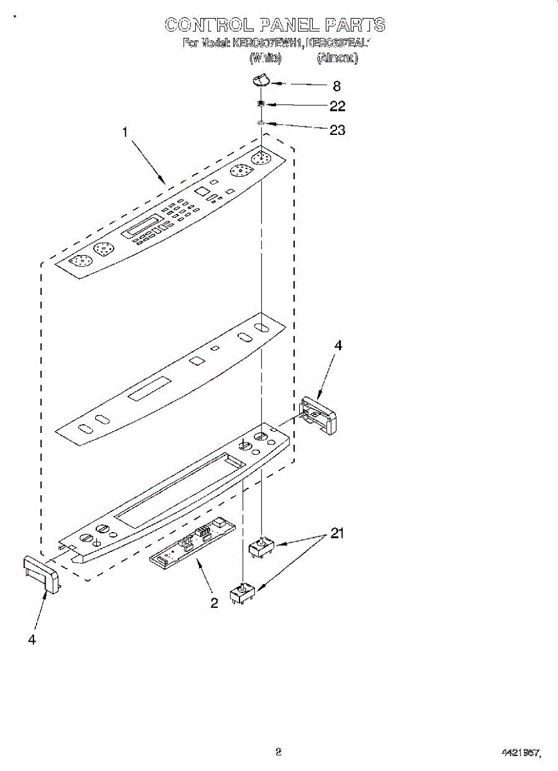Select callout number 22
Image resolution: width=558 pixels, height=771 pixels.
coord(337,106)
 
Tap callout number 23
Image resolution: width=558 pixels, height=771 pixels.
coord(337,130)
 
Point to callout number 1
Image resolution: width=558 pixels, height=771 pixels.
coord(125,132)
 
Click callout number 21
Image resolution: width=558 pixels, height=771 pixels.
coord(338,533)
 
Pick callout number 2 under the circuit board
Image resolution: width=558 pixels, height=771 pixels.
coord(214,603)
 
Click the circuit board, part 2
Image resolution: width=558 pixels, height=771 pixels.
coord(192,544)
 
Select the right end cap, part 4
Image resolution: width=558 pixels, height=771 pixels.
coord(318,416)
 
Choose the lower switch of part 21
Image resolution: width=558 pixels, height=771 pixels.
coord(244,594)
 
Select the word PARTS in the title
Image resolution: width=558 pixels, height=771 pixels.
coord(354,25)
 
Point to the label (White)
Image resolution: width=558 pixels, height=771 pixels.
coord(265,58)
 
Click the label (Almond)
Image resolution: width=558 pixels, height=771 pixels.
coord(337,58)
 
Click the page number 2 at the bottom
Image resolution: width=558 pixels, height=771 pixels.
coord(278,751)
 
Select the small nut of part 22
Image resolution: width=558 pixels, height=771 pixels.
coord(261,103)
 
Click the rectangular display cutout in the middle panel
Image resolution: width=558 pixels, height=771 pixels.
coord(150,389)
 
